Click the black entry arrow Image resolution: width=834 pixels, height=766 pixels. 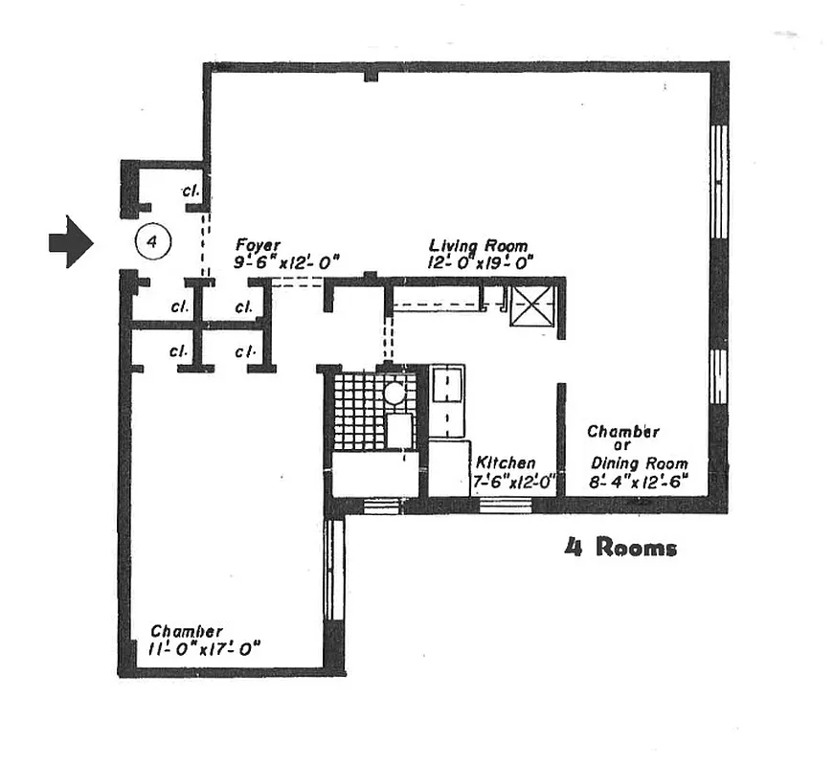pos(70,243)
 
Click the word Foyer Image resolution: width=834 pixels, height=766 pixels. pos(258,246)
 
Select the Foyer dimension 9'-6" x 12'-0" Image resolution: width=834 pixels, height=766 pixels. pos(287,261)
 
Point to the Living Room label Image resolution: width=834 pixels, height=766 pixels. pos(478,246)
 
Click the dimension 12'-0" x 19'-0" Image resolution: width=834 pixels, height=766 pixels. pos(481,261)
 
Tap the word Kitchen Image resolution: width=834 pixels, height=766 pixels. pos(506,463)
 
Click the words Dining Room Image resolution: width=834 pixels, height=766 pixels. pos(639,463)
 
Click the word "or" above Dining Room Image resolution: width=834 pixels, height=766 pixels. pos(623,447)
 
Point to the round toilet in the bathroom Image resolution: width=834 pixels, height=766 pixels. pos(394,393)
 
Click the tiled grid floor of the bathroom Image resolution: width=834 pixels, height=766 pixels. pos(359,412)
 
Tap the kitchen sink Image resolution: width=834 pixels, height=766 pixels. pos(446,388)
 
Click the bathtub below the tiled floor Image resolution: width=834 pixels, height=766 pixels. pos(374,474)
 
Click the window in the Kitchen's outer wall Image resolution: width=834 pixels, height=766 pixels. pos(505,504)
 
